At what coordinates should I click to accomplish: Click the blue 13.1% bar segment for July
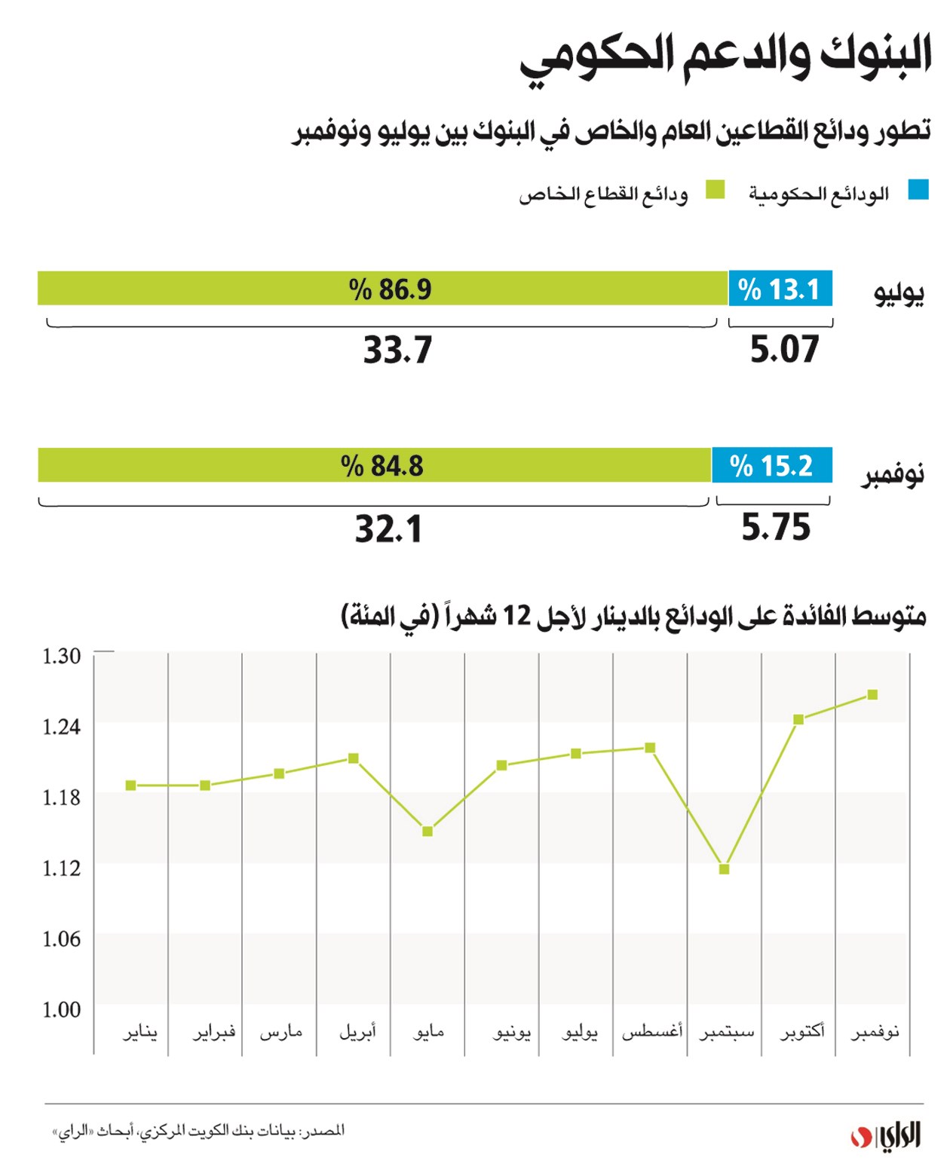point(780,289)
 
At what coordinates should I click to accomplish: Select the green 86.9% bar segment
point(382,289)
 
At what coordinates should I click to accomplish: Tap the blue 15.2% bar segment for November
point(772,465)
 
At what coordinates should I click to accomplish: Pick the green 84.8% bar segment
point(375,465)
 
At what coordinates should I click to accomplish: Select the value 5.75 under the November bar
point(776,528)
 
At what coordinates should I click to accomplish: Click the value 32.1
point(389,529)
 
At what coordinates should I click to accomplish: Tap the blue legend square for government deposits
point(918,190)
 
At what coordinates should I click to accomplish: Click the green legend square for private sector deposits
point(715,190)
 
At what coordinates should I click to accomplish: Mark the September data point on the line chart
point(725,869)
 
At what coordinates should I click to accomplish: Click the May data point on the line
point(427,832)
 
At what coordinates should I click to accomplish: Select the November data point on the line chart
point(872,694)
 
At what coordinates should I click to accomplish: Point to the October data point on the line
point(798,719)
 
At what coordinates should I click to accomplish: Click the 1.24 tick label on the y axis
point(61,727)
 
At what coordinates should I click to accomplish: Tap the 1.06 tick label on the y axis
point(61,939)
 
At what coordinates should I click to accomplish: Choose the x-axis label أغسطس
point(652,1031)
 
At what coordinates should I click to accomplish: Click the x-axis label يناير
point(140,1031)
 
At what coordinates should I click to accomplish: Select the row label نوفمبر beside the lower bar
point(893,476)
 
